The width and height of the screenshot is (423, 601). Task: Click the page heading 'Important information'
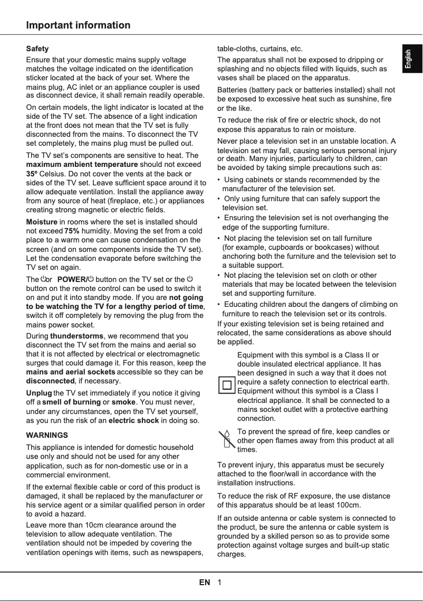[x=78, y=25]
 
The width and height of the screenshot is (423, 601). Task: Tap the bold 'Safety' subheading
[x=37, y=49]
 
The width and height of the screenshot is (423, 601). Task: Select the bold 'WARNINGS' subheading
[x=47, y=436]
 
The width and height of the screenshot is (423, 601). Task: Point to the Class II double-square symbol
[x=227, y=384]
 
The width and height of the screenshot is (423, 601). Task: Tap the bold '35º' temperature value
[x=32, y=173]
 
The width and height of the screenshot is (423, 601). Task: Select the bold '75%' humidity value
[x=72, y=231]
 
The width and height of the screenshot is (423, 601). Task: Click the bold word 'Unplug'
[x=39, y=393]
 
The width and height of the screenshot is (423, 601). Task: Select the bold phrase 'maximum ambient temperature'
[x=82, y=164]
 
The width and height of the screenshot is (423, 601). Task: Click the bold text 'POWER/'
[x=71, y=279]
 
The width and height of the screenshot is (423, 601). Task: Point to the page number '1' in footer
[x=219, y=583]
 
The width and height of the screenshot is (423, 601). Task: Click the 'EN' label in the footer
[x=205, y=583]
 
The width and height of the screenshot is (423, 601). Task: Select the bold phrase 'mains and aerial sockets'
[x=71, y=372]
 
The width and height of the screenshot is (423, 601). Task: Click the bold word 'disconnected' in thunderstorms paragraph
[x=50, y=381]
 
